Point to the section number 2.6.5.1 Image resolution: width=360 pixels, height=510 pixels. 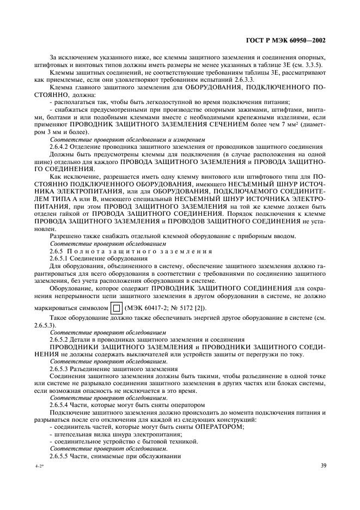pos(63,258)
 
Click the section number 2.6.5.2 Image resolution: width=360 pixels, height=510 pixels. pos(63,339)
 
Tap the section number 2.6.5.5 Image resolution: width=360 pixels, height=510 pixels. pos(63,455)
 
